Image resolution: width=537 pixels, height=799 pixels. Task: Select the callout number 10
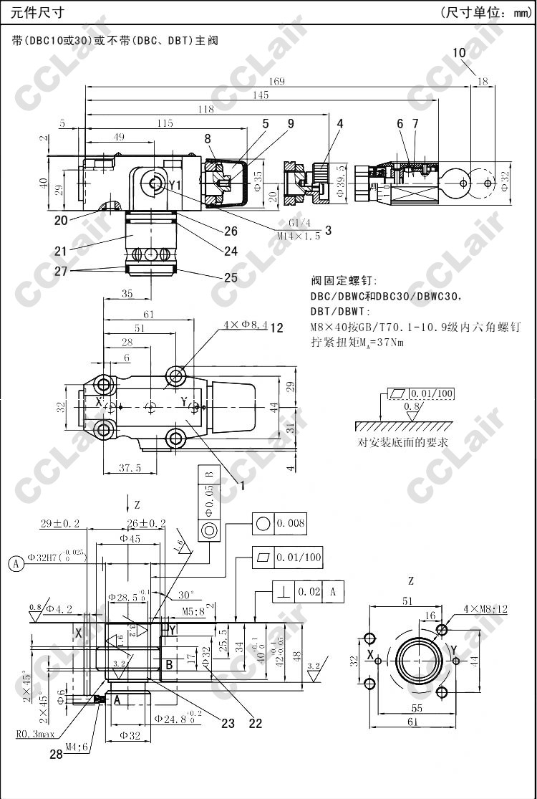pos(459,52)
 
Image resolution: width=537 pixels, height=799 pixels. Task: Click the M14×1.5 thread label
pos(298,236)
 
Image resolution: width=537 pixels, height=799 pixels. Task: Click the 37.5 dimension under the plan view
pos(129,468)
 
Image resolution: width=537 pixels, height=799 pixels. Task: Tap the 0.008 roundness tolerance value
pos(291,523)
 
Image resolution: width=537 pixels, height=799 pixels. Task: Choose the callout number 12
pos(277,328)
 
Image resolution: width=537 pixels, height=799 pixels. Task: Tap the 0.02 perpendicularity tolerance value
pos(309,592)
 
